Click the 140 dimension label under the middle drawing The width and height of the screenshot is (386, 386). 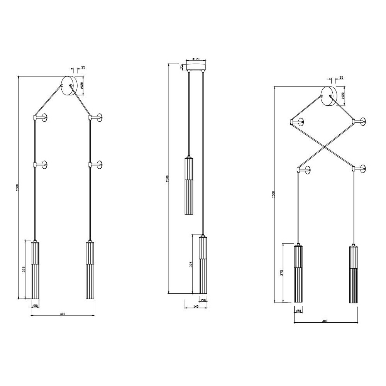(196, 306)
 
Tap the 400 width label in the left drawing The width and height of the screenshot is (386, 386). (63, 314)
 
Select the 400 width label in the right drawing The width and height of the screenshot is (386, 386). (325, 321)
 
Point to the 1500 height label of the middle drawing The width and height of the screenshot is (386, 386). (168, 179)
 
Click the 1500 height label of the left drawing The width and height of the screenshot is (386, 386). (17, 188)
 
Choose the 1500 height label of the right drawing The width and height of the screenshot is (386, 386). (273, 195)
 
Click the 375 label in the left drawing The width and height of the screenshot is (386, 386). (24, 269)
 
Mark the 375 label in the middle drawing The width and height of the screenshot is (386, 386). (191, 264)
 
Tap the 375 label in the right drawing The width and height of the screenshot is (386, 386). (282, 273)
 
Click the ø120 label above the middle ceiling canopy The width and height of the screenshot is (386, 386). (196, 59)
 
